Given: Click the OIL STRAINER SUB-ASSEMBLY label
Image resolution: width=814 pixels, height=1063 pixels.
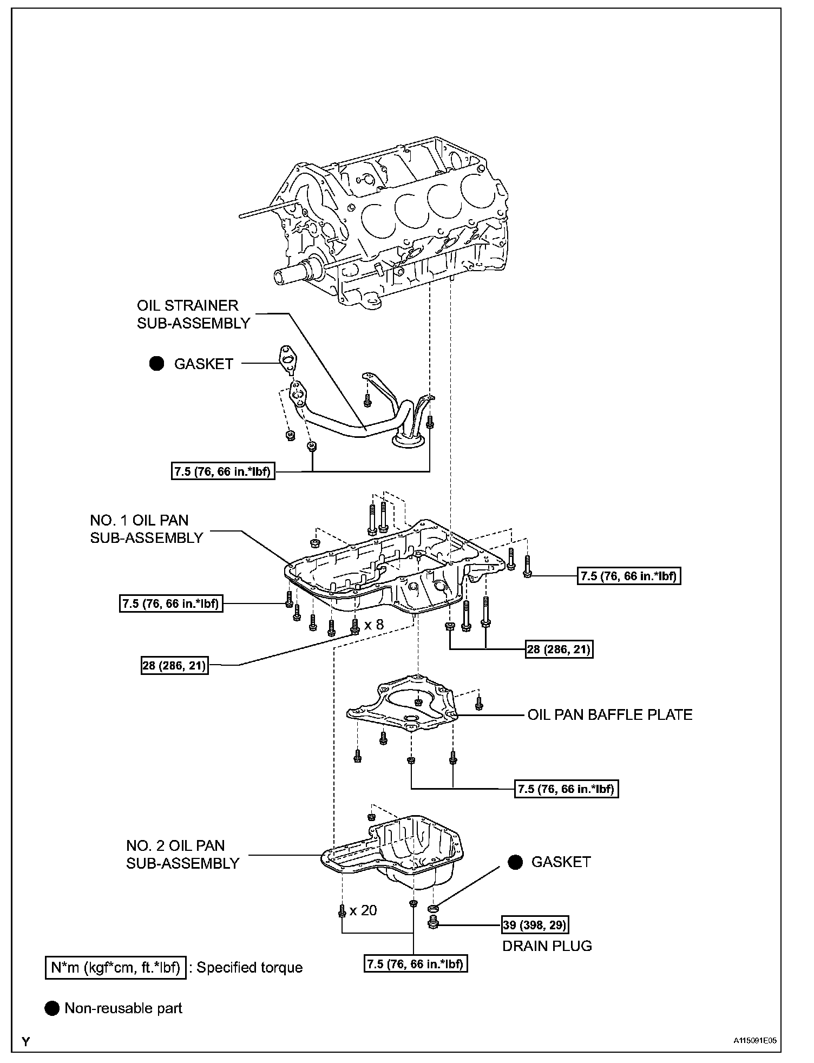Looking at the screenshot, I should tap(193, 314).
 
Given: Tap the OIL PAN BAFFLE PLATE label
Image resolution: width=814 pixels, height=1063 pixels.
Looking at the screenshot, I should tap(610, 714).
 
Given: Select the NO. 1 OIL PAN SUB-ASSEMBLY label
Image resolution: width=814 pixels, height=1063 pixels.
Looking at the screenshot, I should tap(147, 529).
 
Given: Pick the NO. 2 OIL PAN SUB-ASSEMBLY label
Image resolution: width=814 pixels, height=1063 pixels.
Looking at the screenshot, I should tap(182, 855).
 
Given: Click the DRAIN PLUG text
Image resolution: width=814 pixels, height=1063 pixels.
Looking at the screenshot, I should tap(547, 946).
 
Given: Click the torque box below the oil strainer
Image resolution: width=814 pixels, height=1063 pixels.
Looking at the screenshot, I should tap(222, 472).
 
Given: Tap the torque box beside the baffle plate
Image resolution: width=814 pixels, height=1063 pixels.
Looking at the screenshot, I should tap(566, 789).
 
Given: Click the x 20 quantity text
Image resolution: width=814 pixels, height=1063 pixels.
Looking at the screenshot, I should tap(363, 910).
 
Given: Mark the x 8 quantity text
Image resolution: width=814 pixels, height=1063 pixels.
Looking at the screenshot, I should tap(373, 625).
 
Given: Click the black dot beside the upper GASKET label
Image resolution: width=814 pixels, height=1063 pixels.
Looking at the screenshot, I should tap(157, 364).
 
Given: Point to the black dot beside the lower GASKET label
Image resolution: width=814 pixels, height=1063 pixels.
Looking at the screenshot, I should tap(515, 862).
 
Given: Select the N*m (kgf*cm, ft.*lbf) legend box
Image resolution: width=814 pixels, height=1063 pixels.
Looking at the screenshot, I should tap(115, 967).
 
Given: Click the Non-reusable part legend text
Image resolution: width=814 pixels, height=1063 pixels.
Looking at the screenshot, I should tap(123, 1008).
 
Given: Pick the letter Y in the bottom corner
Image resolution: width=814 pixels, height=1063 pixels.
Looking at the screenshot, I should tap(25, 1041).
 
